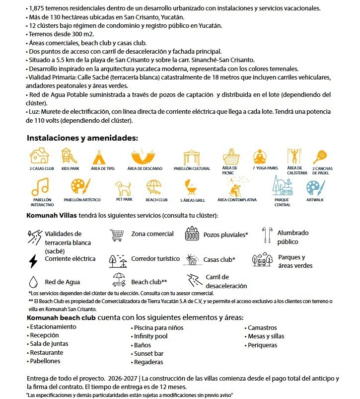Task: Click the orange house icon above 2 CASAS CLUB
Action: [x=39, y=156]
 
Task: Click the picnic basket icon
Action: [x=231, y=156]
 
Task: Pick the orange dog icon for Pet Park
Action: [x=124, y=188]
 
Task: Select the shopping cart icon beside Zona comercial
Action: [x=117, y=235]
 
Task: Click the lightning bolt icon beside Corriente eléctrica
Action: [x=33, y=260]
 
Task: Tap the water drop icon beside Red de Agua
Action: [x=33, y=282]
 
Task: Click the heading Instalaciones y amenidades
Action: [x=82, y=138]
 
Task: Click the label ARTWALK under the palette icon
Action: [x=315, y=200]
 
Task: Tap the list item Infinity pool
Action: [x=151, y=336]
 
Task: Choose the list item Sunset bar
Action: [x=148, y=353]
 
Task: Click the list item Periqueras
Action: [x=262, y=345]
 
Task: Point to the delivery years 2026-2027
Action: [x=120, y=378]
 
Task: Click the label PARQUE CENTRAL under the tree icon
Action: [x=282, y=202]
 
